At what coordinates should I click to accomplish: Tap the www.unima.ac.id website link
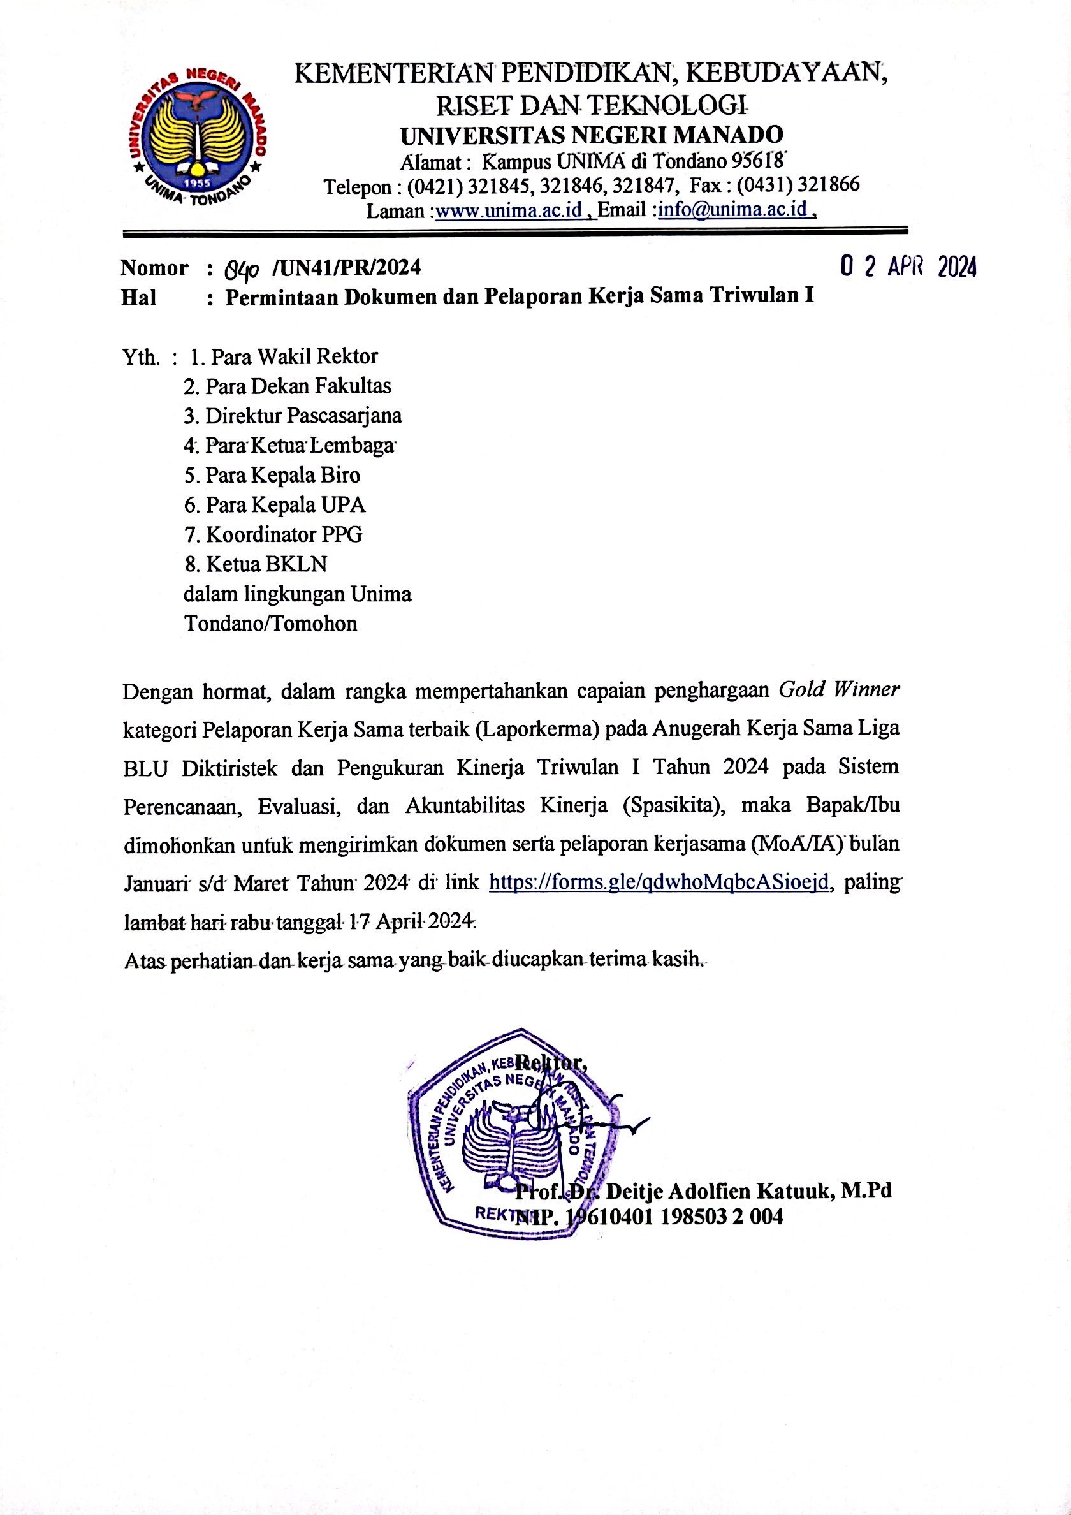point(509,210)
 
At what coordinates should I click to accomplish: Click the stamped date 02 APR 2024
point(908,267)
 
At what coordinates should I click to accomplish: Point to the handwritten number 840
point(243,268)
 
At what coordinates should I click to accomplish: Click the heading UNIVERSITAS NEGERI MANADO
point(591,135)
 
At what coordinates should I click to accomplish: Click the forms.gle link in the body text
point(658,882)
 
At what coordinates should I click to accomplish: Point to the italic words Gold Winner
point(839,690)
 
